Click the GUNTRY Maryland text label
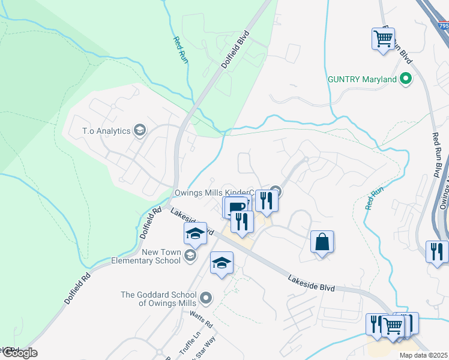click(362, 79)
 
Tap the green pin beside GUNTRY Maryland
click(406, 79)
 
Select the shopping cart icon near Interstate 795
click(383, 40)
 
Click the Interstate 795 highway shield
click(443, 26)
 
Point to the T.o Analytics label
click(106, 130)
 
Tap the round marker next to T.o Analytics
click(140, 130)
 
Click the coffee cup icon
click(236, 207)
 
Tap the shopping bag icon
click(322, 242)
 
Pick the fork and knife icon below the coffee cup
click(243, 222)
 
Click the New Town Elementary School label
click(146, 256)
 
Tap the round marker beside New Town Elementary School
click(190, 256)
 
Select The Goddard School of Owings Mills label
click(158, 299)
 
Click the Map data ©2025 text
click(423, 355)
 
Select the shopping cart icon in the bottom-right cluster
click(393, 326)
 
